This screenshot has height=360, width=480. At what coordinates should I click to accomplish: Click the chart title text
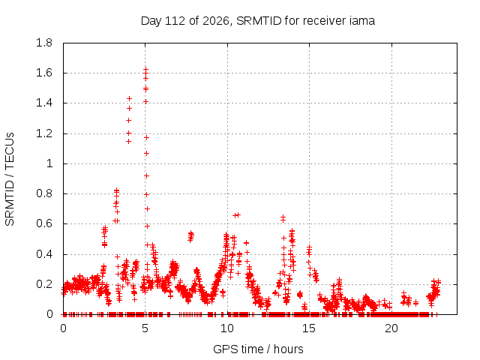pyautogui.click(x=258, y=21)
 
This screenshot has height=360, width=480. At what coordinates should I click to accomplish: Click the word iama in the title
pyautogui.click(x=361, y=20)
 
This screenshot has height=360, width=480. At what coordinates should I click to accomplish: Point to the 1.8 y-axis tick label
pyautogui.click(x=44, y=43)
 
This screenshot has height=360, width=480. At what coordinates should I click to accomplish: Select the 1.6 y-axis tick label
pyautogui.click(x=44, y=73)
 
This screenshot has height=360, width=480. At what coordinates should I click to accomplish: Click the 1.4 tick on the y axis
pyautogui.click(x=44, y=103)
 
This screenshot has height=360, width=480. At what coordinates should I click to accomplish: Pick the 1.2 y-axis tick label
pyautogui.click(x=44, y=133)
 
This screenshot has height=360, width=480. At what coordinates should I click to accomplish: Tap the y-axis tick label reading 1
pyautogui.click(x=49, y=163)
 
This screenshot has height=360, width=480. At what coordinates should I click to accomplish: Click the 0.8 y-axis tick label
pyautogui.click(x=44, y=193)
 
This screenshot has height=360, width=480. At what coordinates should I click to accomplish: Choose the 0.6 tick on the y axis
pyautogui.click(x=44, y=223)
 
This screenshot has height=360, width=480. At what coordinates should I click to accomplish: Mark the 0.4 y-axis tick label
pyautogui.click(x=44, y=254)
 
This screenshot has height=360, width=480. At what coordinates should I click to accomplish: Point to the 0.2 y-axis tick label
pyautogui.click(x=44, y=284)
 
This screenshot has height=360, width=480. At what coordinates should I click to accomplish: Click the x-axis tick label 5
pyautogui.click(x=145, y=328)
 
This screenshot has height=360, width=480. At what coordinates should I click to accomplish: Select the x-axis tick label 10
pyautogui.click(x=227, y=328)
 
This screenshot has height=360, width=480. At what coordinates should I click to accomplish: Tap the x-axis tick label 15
pyautogui.click(x=309, y=328)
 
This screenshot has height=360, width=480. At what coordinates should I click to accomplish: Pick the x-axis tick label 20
pyautogui.click(x=391, y=328)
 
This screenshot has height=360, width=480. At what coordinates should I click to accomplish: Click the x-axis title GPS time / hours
pyautogui.click(x=258, y=349)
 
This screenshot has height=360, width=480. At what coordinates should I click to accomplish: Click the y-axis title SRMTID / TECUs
pyautogui.click(x=10, y=179)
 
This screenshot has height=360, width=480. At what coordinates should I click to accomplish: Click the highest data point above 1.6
pyautogui.click(x=146, y=68)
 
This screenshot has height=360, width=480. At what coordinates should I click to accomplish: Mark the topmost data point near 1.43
pyautogui.click(x=130, y=98)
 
